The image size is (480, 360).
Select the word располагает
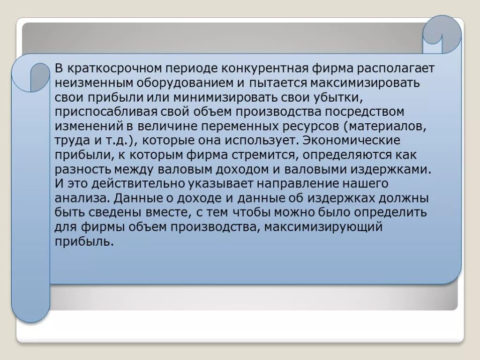[397, 68]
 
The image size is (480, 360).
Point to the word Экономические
[352, 141]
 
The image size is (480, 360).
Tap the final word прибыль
[84, 242]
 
